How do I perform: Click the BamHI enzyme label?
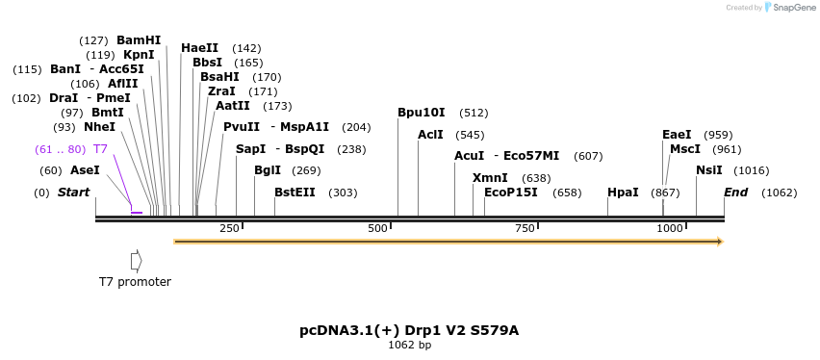[139, 40]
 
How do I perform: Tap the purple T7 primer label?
[100, 149]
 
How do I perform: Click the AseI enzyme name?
[85, 170]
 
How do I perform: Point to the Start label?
[73, 193]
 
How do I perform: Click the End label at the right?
[735, 193]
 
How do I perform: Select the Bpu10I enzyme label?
[422, 113]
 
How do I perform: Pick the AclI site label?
[430, 135]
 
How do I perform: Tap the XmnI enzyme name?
[490, 178]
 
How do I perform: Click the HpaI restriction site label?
[623, 193]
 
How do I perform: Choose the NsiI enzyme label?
[709, 170]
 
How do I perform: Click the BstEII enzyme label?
[295, 193]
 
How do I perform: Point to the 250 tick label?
[230, 228]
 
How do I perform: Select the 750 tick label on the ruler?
[525, 228]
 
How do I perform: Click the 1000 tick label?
[670, 228]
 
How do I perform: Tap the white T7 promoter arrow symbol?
[136, 261]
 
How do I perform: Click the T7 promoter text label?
[135, 282]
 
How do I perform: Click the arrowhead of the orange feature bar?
[718, 242]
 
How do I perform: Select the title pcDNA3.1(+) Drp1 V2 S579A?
[409, 330]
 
